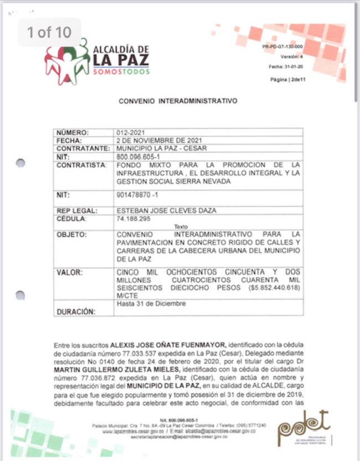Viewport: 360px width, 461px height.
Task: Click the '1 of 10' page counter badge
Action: [50, 32]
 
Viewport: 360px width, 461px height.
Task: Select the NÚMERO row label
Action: [73, 133]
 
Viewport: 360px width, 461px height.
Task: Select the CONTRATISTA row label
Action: [81, 165]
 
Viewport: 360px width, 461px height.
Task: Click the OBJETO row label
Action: [72, 235]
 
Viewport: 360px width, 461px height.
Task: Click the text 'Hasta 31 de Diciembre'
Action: [151, 304]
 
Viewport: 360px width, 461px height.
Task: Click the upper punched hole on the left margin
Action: [20, 163]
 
